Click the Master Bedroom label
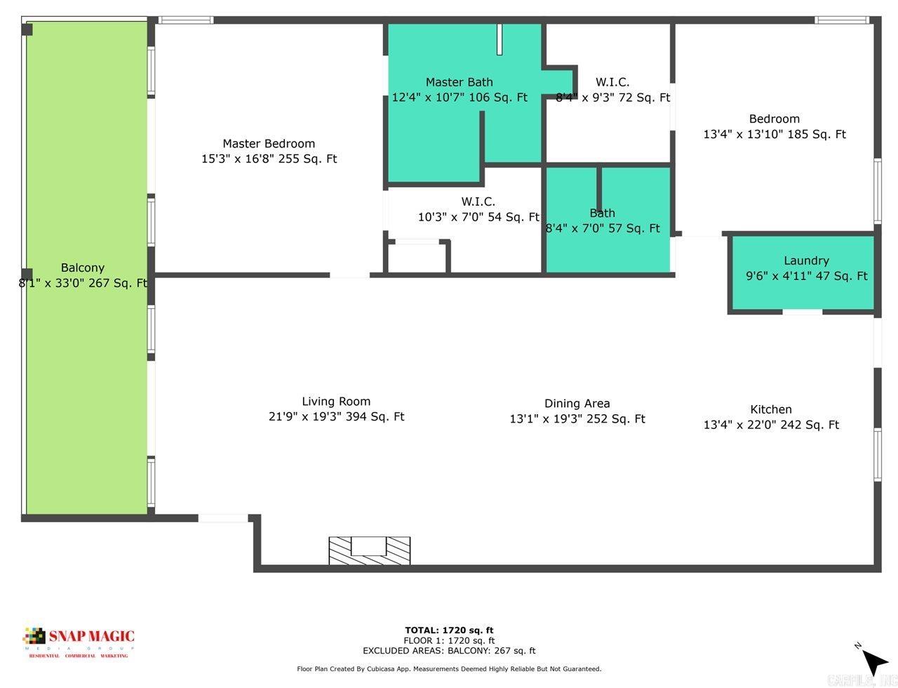269,144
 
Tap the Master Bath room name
459,82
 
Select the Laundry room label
806,260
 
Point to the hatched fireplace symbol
370,550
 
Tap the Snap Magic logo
79,641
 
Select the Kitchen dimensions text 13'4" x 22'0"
771,425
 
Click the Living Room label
336,402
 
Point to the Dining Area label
577,404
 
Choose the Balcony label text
82,267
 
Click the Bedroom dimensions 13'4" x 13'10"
775,134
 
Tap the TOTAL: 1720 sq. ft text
449,630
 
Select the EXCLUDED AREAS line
449,651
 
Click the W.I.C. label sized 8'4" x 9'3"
612,82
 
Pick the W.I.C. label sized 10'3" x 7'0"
478,201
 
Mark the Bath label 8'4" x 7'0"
602,213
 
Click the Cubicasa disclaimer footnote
449,669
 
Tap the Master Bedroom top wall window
185,20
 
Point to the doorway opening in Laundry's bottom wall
802,311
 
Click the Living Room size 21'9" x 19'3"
336,417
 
